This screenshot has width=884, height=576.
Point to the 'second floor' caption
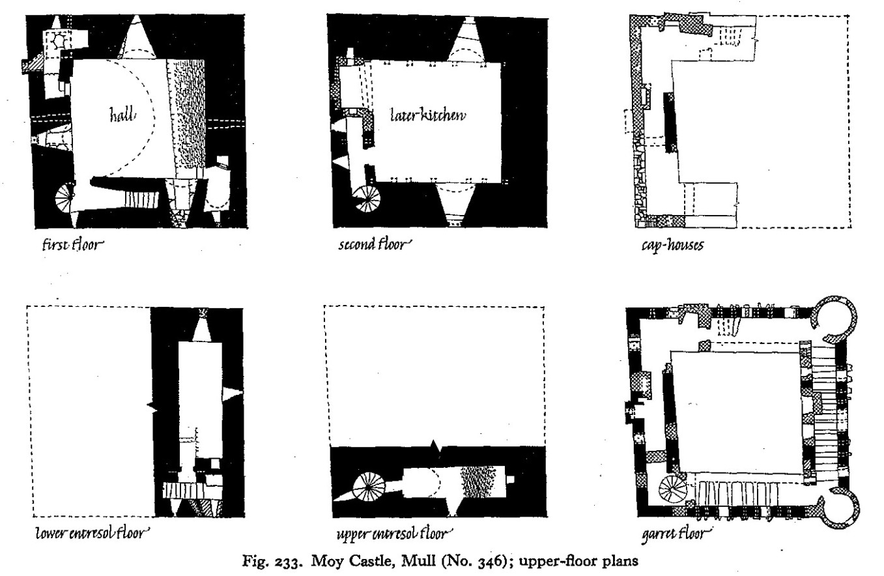click(375, 246)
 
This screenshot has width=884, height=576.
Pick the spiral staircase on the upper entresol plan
click(366, 488)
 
